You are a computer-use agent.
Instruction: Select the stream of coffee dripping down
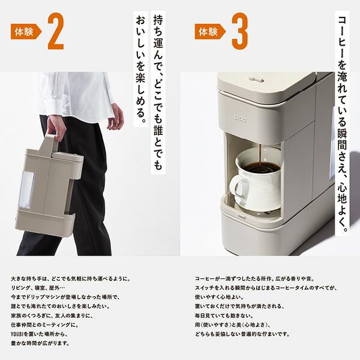pos(259,152)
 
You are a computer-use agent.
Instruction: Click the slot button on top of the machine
pos(256,79)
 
